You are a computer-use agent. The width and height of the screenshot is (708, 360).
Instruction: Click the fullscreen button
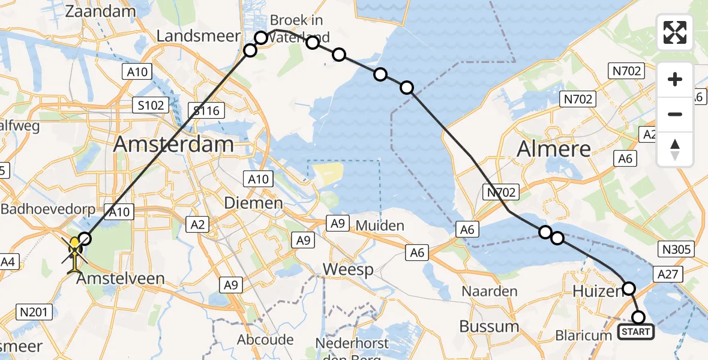pyautogui.click(x=675, y=32)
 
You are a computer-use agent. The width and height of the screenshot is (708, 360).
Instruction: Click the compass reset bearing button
pyautogui.click(x=675, y=149)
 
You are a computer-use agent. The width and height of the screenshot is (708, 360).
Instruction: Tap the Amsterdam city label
pyautogui.click(x=173, y=144)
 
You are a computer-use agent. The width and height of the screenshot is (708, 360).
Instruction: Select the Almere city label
pyautogui.click(x=554, y=148)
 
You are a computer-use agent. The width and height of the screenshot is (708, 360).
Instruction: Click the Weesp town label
pyautogui.click(x=348, y=269)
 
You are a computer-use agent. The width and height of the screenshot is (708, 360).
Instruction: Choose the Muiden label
pyautogui.click(x=380, y=226)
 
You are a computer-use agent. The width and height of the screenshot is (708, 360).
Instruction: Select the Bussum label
pyautogui.click(x=489, y=326)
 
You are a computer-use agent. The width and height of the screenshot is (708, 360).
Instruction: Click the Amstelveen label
pyautogui.click(x=119, y=278)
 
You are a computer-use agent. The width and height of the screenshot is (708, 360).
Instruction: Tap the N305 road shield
pyautogui.click(x=676, y=250)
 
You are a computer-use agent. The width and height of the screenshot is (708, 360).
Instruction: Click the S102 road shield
pyautogui.click(x=149, y=106)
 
